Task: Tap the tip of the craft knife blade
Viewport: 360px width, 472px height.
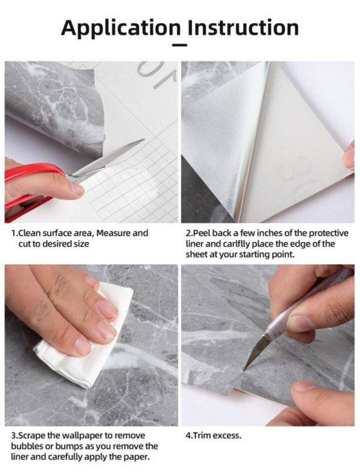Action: tap(246, 367)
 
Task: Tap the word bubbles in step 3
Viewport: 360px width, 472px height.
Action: tap(26, 446)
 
